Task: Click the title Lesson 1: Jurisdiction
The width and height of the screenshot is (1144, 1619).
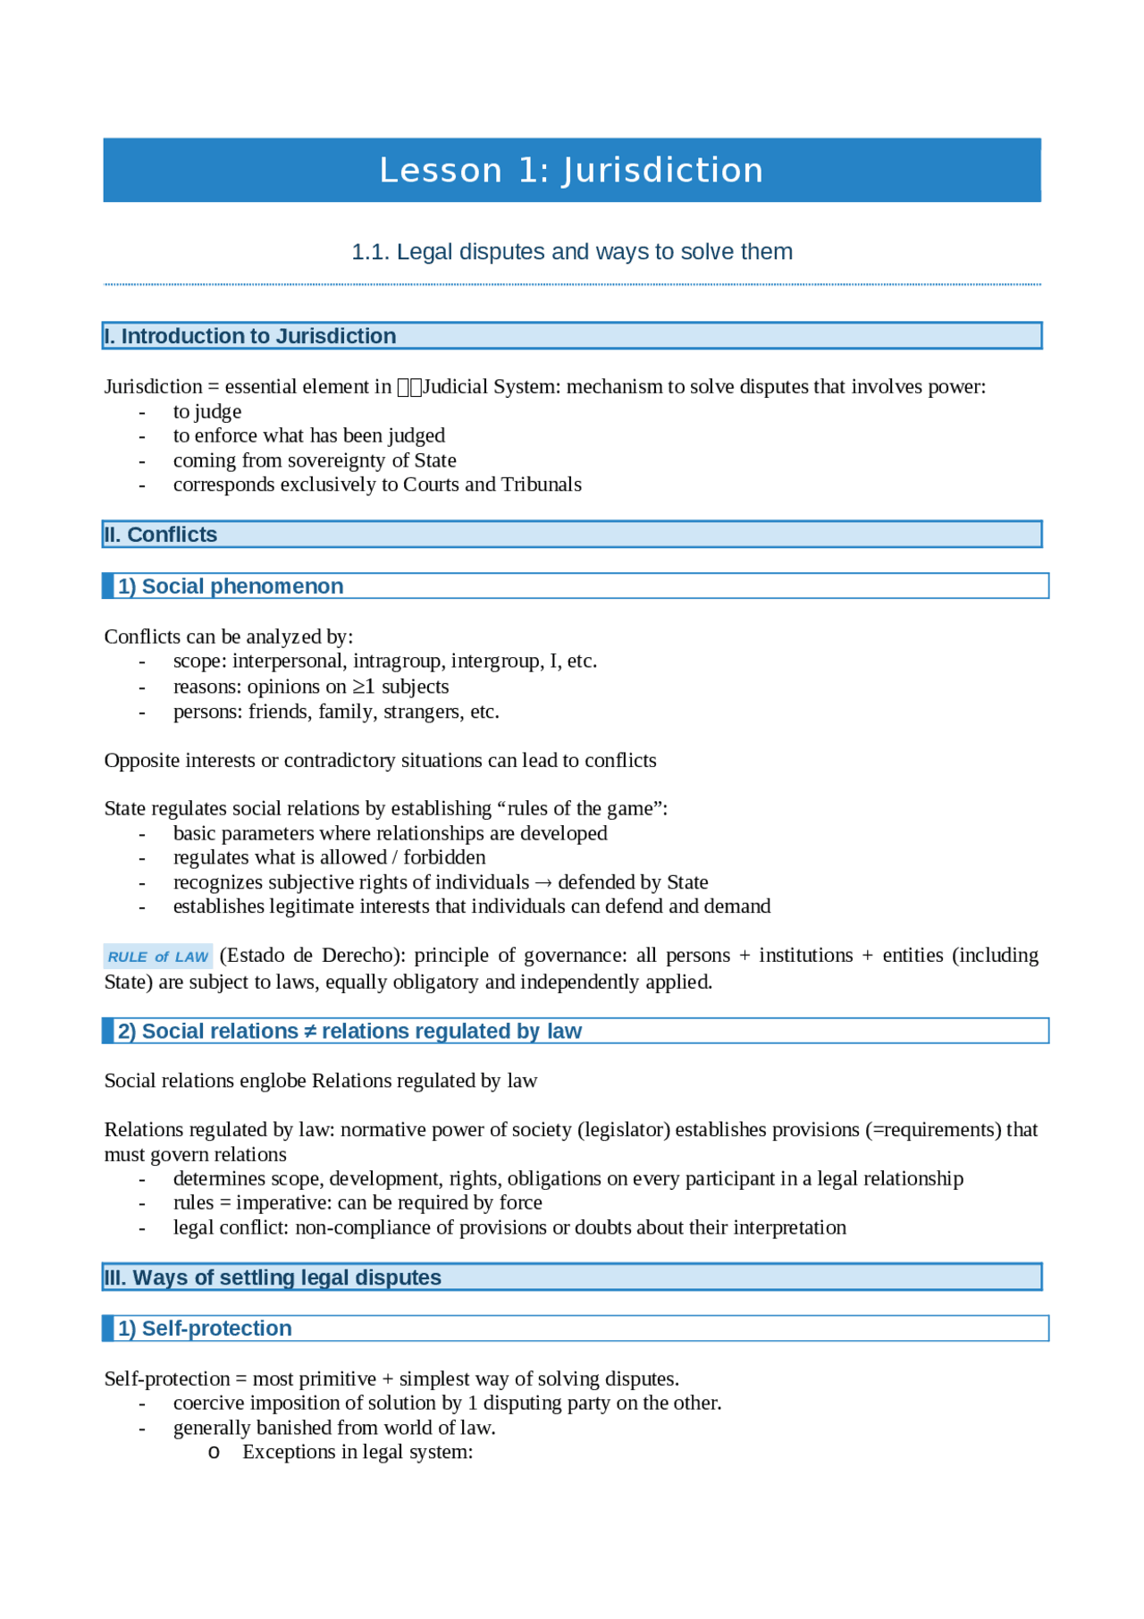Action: pyautogui.click(x=571, y=170)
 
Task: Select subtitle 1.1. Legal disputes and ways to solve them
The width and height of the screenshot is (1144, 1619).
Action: pyautogui.click(x=571, y=252)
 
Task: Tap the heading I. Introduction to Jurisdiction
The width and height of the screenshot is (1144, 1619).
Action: pyautogui.click(x=250, y=336)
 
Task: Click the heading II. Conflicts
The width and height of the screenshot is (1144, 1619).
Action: pyautogui.click(x=161, y=535)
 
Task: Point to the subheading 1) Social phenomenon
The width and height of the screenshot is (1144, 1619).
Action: pyautogui.click(x=231, y=586)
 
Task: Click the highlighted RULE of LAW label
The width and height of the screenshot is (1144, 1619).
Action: pyautogui.click(x=158, y=957)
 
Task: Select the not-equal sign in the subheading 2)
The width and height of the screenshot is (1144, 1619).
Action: pyautogui.click(x=310, y=1032)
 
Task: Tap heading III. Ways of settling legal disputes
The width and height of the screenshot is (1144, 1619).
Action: pyautogui.click(x=273, y=1277)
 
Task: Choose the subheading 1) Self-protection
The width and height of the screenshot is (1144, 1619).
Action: pyautogui.click(x=205, y=1328)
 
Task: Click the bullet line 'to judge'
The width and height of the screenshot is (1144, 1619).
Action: pyautogui.click(x=207, y=412)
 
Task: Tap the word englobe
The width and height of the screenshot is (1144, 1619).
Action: pyautogui.click(x=273, y=1081)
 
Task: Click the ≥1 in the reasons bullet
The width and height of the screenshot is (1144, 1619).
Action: pyautogui.click(x=363, y=687)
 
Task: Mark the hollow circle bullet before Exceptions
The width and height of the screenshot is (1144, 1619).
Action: pyautogui.click(x=214, y=1453)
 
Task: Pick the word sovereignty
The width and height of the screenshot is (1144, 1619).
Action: pyautogui.click(x=341, y=460)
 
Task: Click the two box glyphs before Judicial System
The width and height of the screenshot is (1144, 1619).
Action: pyautogui.click(x=409, y=387)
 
